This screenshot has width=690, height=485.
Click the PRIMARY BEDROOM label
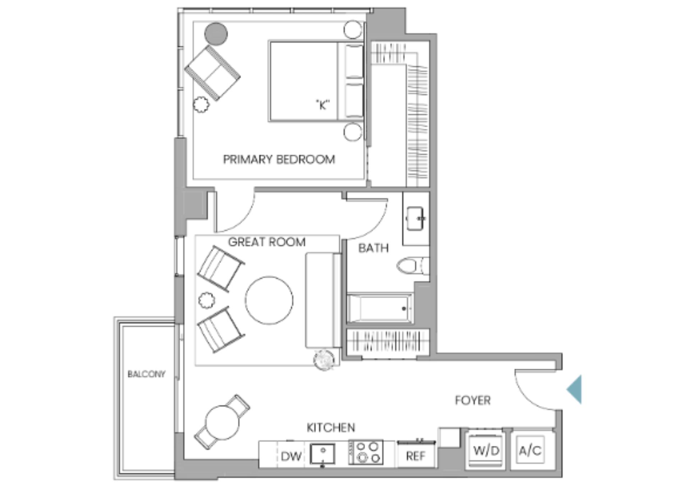[x=279, y=159]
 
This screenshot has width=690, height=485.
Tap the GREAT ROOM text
[x=267, y=242]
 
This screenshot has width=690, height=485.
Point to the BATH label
[x=373, y=248]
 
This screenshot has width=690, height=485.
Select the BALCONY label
[x=146, y=374]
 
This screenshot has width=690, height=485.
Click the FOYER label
[x=473, y=400]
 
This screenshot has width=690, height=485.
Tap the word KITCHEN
[x=331, y=427]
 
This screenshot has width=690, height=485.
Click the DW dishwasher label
[x=291, y=456]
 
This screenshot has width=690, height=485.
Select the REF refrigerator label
[x=415, y=456]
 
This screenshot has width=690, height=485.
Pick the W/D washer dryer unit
[x=486, y=451]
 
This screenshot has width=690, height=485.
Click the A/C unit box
[x=530, y=450]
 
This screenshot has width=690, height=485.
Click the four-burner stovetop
[x=366, y=452]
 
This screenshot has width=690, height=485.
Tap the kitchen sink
[x=322, y=454]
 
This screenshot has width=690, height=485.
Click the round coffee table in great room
[x=269, y=300]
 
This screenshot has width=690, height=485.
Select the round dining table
[x=222, y=423]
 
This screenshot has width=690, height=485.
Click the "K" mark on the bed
[x=323, y=105]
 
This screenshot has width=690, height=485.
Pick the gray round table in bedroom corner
[x=216, y=34]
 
